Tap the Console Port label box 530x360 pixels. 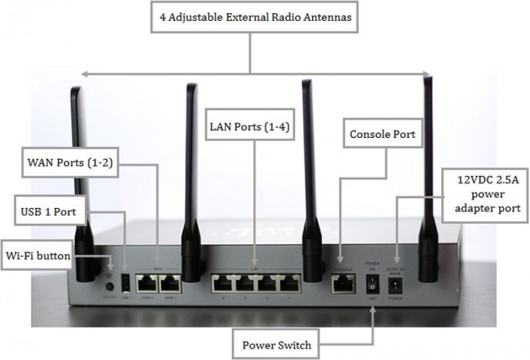point(383,135)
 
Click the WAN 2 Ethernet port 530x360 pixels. point(146,283)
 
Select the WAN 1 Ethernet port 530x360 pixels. point(169,283)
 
